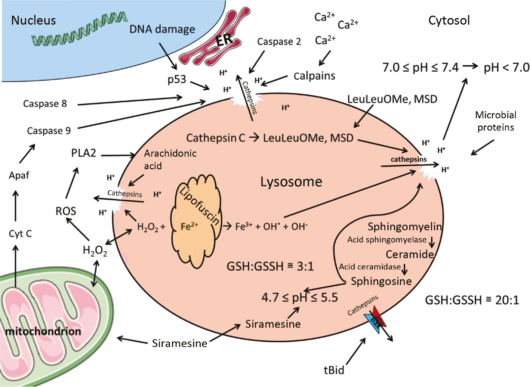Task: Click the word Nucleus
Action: [x=33, y=20]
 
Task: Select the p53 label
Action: [x=176, y=79]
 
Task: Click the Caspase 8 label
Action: [x=45, y=103]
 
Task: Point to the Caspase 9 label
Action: [x=49, y=131]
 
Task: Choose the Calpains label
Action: [x=314, y=76]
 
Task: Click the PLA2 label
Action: [x=83, y=153]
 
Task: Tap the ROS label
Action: [x=66, y=211]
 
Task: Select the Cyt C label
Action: [x=20, y=234]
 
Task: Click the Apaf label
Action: [x=19, y=175]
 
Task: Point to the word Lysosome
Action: [x=291, y=182]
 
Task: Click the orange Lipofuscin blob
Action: [x=194, y=220]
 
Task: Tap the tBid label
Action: [x=334, y=370]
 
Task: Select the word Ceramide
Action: [x=410, y=254]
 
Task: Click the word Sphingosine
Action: [x=381, y=281]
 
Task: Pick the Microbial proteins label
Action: [x=496, y=121]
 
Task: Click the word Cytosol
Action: [x=449, y=20]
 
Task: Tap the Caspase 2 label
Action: [x=279, y=41]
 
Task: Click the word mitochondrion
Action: [x=43, y=331]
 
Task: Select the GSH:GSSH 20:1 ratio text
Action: [x=472, y=300]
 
